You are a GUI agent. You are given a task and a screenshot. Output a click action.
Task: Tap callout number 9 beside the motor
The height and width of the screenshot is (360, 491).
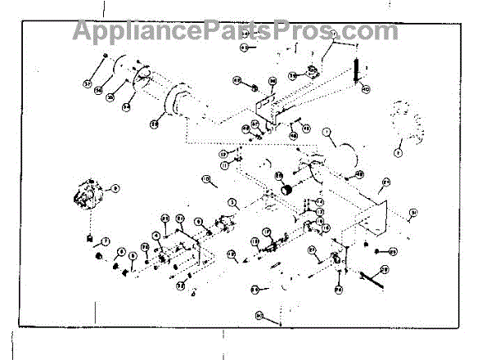(x=115, y=188)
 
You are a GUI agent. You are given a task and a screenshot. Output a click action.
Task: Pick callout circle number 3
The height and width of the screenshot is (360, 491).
(x=232, y=201)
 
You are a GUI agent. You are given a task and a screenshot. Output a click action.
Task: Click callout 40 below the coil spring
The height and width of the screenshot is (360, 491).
(x=366, y=88)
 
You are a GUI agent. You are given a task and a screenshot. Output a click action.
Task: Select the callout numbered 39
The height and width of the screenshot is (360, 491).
(x=291, y=74)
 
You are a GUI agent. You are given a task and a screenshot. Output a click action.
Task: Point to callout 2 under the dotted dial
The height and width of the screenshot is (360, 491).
(x=399, y=151)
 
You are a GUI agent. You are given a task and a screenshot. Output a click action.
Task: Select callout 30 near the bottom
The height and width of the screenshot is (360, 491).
(x=259, y=314)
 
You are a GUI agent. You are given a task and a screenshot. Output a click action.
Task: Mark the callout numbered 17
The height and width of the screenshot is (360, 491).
(x=255, y=242)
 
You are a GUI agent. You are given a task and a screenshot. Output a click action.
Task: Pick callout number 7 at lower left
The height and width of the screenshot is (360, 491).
(x=106, y=241)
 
